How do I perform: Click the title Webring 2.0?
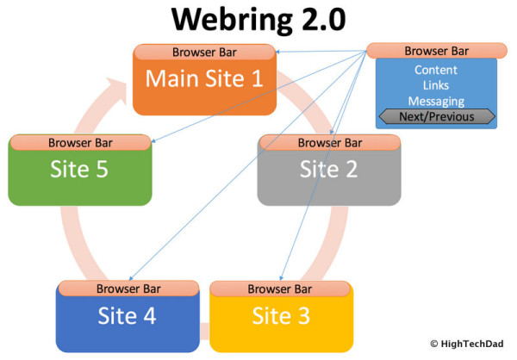tap(258, 20)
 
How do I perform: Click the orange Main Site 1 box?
tap(204, 84)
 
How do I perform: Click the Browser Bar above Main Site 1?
tap(205, 51)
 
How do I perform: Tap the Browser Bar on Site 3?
tap(280, 289)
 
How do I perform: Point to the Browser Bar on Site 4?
tap(128, 289)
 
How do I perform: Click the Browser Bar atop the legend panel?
tap(437, 50)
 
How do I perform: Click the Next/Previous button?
tap(437, 116)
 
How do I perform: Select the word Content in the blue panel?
tap(436, 70)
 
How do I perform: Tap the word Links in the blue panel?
tap(436, 85)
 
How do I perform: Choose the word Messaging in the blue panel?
tap(436, 101)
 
